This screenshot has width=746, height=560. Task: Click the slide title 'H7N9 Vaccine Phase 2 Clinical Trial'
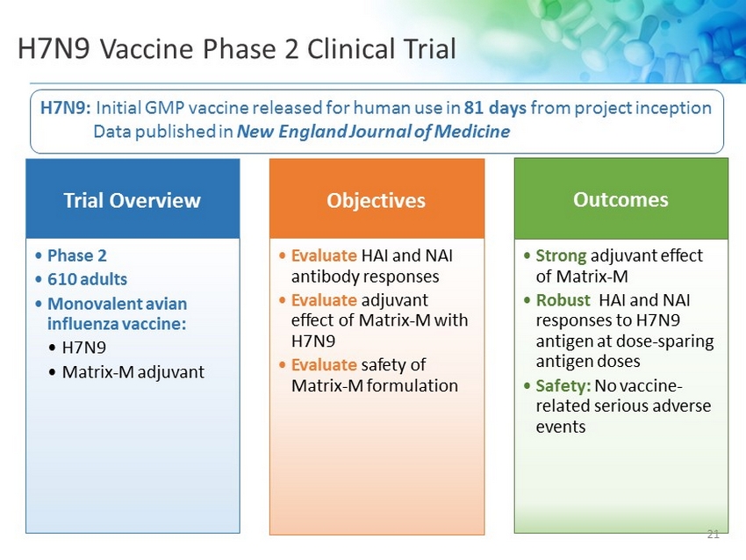[236, 48]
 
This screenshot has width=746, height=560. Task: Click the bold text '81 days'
[495, 108]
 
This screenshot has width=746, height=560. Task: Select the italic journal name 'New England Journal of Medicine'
[374, 132]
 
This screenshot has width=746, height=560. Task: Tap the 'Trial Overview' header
[133, 200]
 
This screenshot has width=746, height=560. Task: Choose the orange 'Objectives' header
[376, 200]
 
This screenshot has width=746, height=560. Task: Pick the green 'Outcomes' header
[620, 199]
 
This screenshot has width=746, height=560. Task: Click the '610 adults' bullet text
[87, 279]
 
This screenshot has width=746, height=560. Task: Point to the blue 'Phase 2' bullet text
[77, 255]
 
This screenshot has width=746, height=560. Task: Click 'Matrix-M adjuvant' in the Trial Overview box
[133, 372]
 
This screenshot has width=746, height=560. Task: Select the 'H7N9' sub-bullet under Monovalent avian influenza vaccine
[84, 348]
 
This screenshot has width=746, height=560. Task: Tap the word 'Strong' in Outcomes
[561, 256]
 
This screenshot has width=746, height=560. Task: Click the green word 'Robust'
[563, 300]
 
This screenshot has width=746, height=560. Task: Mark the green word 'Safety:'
[563, 386]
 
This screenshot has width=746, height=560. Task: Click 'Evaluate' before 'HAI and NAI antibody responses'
[324, 255]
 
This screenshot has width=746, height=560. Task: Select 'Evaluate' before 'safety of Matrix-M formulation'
[324, 365]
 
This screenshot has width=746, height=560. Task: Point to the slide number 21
[714, 535]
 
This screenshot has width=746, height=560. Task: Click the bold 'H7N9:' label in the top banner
[66, 108]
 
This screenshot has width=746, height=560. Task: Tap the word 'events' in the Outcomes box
[561, 427]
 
